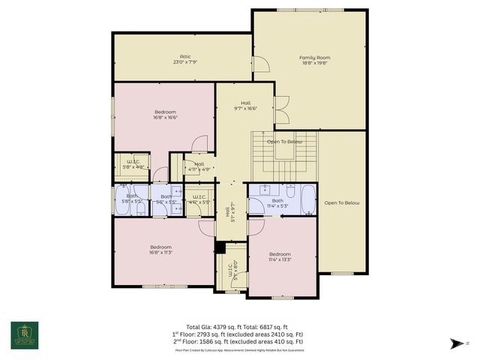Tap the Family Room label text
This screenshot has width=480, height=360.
click(315, 58)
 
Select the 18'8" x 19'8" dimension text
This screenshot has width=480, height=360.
click(315, 63)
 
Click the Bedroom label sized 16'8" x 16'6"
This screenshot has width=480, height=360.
click(165, 112)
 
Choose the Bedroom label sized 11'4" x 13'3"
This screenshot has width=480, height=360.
click(280, 254)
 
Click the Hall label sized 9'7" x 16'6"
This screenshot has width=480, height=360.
click(246, 103)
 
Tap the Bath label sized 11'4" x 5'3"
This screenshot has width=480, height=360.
click(277, 200)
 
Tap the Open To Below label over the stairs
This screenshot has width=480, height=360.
click(285, 142)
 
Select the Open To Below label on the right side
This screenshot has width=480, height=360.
click(342, 203)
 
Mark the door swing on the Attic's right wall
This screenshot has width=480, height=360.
click(259, 65)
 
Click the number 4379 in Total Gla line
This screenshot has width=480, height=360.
click(214, 327)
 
